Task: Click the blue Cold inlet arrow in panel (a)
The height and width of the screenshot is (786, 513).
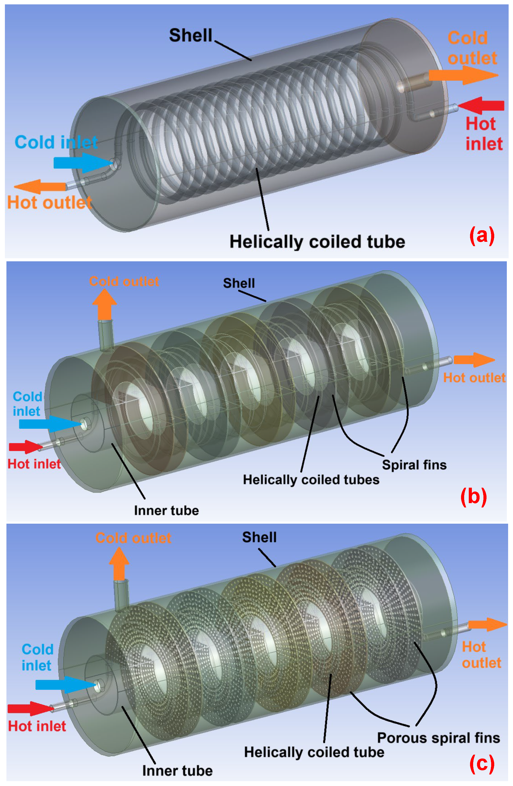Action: pos(81,162)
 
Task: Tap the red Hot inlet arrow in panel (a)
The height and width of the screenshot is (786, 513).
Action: pos(483,105)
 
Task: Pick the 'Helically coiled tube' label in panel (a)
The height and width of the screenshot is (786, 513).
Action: pos(317,242)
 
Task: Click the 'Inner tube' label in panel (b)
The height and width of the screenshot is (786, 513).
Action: pos(166,510)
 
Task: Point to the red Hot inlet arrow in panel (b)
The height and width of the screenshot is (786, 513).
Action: pos(25,447)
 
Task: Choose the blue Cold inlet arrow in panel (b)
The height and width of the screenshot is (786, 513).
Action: pos(48,424)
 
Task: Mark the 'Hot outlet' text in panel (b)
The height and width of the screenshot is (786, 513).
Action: pos(474,377)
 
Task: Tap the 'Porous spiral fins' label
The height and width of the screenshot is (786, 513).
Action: pos(438,737)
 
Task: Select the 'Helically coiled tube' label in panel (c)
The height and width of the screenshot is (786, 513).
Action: pos(314,752)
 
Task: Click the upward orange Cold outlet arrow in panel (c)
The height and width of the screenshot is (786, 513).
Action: pos(119,563)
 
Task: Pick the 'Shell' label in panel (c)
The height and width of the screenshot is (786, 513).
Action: pos(259,537)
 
